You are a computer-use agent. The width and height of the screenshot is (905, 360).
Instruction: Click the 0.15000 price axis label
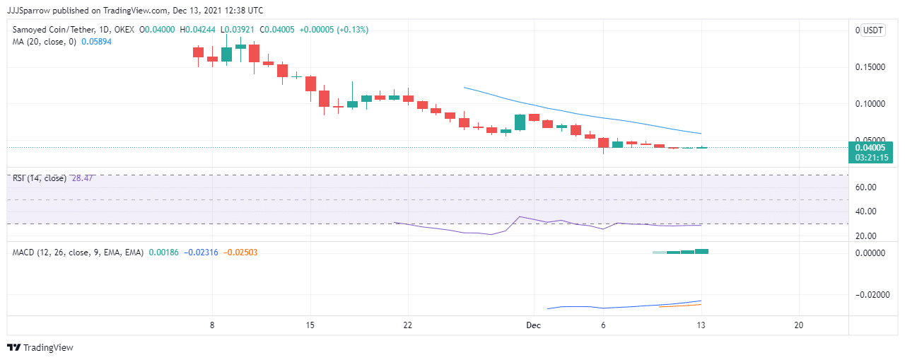tap(870, 67)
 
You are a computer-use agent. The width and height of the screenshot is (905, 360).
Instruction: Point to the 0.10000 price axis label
tap(870, 104)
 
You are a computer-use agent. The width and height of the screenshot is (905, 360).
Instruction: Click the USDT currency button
tap(873, 30)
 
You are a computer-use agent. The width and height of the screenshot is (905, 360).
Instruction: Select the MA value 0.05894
tap(96, 42)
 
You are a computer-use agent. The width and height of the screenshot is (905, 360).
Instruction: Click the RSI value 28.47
tap(83, 178)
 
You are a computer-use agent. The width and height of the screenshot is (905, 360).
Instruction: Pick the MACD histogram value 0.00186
tap(163, 252)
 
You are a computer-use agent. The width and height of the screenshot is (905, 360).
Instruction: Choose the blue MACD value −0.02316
tap(201, 252)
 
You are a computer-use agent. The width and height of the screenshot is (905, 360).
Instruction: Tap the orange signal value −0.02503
tap(240, 252)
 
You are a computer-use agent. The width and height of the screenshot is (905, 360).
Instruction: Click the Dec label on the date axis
tap(533, 325)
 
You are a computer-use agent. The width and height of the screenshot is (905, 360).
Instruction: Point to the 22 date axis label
tap(408, 325)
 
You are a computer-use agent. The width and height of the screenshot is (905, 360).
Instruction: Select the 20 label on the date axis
tap(799, 325)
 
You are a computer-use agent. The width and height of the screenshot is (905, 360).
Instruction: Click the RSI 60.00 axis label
tap(866, 187)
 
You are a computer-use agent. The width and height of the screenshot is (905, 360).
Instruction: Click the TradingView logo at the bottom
tap(40, 347)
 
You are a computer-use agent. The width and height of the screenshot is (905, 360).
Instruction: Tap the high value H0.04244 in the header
tap(197, 30)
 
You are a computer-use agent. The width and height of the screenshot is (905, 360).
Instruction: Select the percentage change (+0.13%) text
tap(353, 30)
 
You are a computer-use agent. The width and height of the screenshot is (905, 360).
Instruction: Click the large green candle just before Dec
tap(520, 122)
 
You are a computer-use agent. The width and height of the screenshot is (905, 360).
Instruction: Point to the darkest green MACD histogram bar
tap(701, 251)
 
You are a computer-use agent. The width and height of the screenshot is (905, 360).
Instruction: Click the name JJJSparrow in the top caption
tap(28, 11)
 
